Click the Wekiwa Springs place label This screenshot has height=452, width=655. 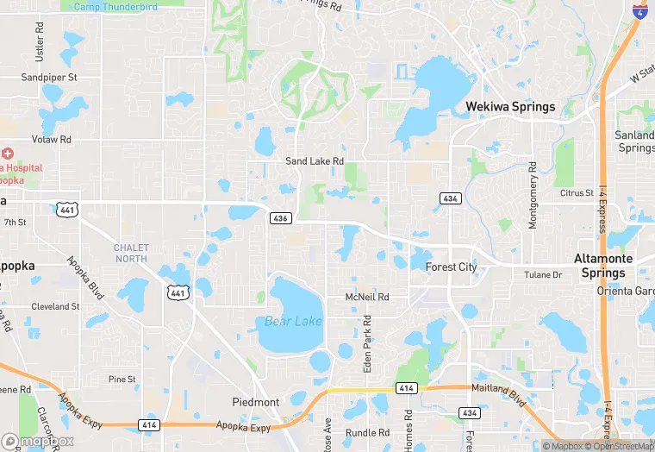[510, 107]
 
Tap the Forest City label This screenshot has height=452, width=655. [451, 267]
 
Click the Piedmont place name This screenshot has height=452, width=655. [256, 403]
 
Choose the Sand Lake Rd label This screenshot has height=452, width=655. [315, 161]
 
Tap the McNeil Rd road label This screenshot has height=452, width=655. [367, 297]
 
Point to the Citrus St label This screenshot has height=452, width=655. [577, 193]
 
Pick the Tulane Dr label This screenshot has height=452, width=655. [543, 275]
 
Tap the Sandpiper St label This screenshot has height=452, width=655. [49, 77]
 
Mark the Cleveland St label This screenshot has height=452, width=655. [55, 306]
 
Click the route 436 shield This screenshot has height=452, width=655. [278, 218]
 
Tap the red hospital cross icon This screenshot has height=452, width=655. [8, 153]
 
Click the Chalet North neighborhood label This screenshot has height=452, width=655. [131, 254]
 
